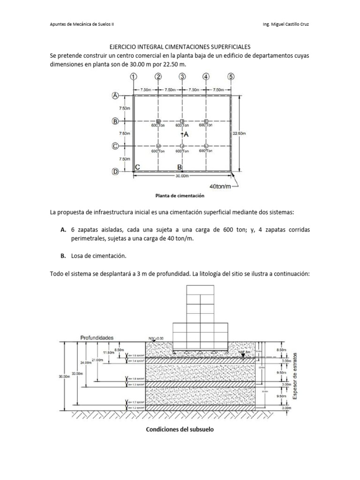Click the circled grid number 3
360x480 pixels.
[x=182, y=77]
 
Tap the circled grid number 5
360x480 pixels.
[x=231, y=77]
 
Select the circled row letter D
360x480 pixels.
[x=115, y=172]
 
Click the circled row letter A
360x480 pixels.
[x=115, y=96]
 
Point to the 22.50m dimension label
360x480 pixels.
[x=239, y=133]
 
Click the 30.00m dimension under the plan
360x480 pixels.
[x=182, y=177]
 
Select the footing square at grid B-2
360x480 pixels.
[x=158, y=121]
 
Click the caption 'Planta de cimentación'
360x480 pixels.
[x=180, y=195]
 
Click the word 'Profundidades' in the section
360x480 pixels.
[x=97, y=337]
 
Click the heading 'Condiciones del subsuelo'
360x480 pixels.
[x=180, y=429]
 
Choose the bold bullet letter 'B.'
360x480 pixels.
[x=62, y=256]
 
